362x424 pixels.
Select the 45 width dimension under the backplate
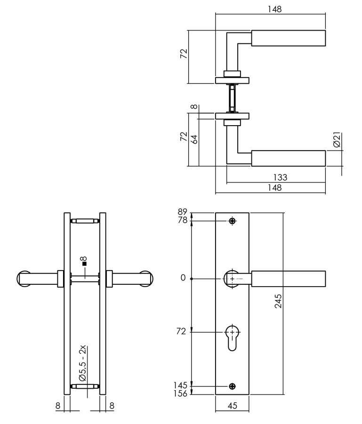coord(232,406)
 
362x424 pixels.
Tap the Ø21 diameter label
coord(337,141)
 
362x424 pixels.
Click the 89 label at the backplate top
coord(183,212)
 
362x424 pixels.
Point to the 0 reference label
coord(183,278)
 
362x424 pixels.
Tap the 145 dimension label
coord(181,385)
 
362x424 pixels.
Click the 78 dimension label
coord(183,220)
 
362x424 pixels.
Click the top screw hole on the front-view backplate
coord(232,221)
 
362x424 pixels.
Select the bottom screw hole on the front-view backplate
coord(232,386)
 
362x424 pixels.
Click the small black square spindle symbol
coord(84,264)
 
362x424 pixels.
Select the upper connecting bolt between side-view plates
coord(85,220)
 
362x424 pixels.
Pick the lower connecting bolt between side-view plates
coord(85,386)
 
